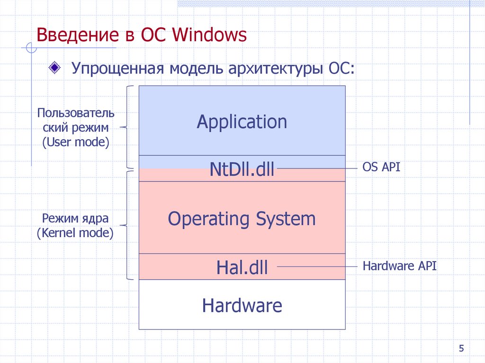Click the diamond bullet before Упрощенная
[x=55, y=67]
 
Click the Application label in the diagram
[x=242, y=122]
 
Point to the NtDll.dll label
[x=242, y=168]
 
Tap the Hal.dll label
[x=242, y=268]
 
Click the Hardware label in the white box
[x=242, y=305]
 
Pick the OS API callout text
[x=381, y=167]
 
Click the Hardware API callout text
[x=399, y=266]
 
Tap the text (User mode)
[x=76, y=142]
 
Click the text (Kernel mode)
[x=76, y=233]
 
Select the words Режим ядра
[x=76, y=219]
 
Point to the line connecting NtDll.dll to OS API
[x=317, y=168]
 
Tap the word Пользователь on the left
[x=76, y=113]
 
